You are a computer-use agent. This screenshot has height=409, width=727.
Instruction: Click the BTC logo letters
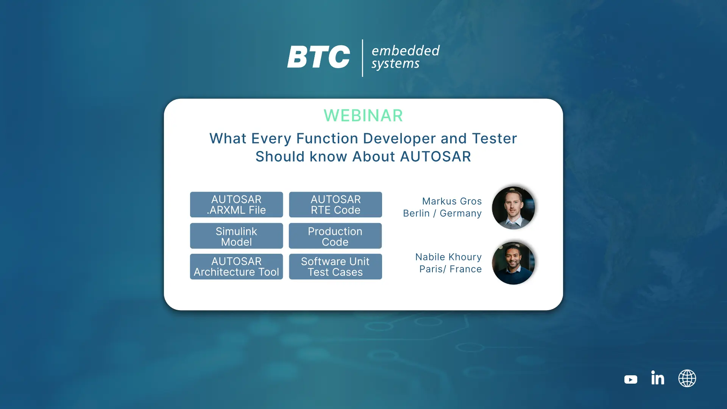pyautogui.click(x=318, y=57)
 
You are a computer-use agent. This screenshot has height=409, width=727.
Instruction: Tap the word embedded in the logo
pyautogui.click(x=406, y=50)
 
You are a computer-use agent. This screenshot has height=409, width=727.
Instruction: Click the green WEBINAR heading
pyautogui.click(x=363, y=116)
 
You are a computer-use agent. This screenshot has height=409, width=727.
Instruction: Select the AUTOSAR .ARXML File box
pyautogui.click(x=236, y=204)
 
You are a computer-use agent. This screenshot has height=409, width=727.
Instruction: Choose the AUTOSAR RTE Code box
pyautogui.click(x=335, y=204)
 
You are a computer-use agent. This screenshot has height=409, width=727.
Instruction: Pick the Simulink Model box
pyautogui.click(x=236, y=236)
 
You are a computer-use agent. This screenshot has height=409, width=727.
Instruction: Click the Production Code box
pyautogui.click(x=335, y=236)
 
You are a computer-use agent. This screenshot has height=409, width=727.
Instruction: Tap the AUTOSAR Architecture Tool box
pyautogui.click(x=236, y=267)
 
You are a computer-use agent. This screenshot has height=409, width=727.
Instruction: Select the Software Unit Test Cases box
pyautogui.click(x=335, y=267)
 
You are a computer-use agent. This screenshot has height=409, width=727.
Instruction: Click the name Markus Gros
pyautogui.click(x=452, y=201)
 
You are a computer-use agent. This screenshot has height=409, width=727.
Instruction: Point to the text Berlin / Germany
pyautogui.click(x=442, y=214)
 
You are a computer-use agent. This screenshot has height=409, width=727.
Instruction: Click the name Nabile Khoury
pyautogui.click(x=448, y=257)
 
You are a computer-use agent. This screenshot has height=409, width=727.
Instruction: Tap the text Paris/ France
pyautogui.click(x=451, y=269)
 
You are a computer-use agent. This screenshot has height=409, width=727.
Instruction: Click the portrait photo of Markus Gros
pyautogui.click(x=513, y=208)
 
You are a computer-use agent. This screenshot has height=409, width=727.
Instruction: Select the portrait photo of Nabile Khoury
pyautogui.click(x=513, y=263)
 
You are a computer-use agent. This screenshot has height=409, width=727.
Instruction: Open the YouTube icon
pyautogui.click(x=631, y=379)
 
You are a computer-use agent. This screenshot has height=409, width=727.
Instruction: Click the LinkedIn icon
pyautogui.click(x=658, y=378)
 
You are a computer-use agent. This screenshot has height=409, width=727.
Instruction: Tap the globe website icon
pyautogui.click(x=687, y=378)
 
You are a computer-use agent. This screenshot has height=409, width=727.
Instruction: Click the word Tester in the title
pyautogui.click(x=495, y=139)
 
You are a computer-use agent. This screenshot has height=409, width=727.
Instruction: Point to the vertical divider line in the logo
pyautogui.click(x=362, y=58)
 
